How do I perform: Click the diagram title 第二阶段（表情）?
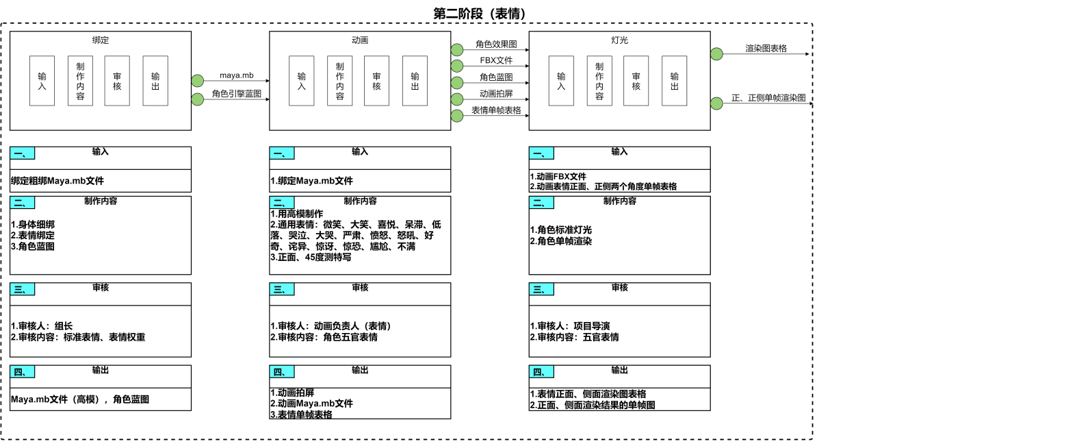(x=480, y=14)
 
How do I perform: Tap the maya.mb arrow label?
(x=236, y=75)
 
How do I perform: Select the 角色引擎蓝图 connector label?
(x=236, y=93)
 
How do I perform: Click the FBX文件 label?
(x=496, y=60)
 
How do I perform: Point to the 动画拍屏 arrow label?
(x=496, y=94)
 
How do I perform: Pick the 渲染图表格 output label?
(x=766, y=49)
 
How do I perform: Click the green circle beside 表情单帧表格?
(x=457, y=116)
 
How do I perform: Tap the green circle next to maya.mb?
(x=198, y=81)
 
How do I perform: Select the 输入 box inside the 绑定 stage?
(x=42, y=81)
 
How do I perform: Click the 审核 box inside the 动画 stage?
(x=376, y=81)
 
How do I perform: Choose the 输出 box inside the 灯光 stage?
(x=674, y=81)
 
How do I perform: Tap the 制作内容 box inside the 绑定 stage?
(x=80, y=81)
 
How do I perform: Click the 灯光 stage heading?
(x=619, y=40)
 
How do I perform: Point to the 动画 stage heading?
(x=360, y=40)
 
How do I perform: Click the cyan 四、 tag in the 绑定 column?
(x=23, y=372)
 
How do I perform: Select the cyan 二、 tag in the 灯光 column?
(x=541, y=203)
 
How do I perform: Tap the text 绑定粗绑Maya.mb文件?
(x=57, y=181)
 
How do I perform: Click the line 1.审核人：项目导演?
(x=570, y=326)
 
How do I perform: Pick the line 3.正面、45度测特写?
(x=311, y=258)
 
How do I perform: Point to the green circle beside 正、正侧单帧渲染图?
(x=716, y=103)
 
